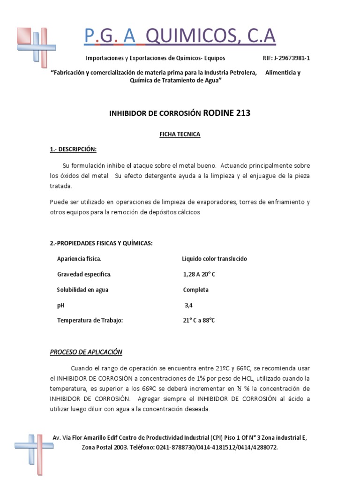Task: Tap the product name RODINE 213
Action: point(227,112)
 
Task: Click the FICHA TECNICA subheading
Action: point(180,134)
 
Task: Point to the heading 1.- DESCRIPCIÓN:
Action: point(73,149)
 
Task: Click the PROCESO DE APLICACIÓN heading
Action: point(86,352)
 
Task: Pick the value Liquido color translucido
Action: point(214,259)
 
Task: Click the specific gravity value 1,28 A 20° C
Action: point(199,274)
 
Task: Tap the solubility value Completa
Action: point(196,290)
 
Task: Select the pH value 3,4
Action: point(188,305)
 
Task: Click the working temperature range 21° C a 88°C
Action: point(199,321)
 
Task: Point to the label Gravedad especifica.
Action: point(84,274)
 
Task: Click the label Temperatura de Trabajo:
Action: point(90,321)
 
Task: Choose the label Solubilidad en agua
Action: point(82,290)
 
